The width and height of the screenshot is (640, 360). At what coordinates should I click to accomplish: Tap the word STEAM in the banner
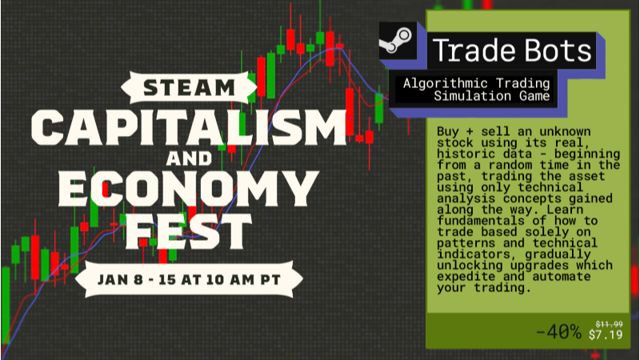[x=190, y=86]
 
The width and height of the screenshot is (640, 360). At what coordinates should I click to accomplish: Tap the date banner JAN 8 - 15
[x=189, y=279]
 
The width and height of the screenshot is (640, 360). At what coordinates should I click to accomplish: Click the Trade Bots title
[x=512, y=51]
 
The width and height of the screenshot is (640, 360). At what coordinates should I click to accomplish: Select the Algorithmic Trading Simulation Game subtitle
[x=477, y=90]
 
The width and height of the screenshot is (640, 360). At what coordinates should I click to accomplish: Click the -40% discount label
[x=558, y=332]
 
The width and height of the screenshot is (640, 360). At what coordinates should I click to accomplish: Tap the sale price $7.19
[x=606, y=334]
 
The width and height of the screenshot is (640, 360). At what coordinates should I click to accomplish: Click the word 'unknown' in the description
[x=560, y=131]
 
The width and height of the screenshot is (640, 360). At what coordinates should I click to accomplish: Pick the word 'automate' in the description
[x=571, y=277]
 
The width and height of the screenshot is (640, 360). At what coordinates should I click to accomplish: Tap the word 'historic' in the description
[x=466, y=154]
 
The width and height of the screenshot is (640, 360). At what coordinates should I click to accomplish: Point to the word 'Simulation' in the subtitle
[x=468, y=96]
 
